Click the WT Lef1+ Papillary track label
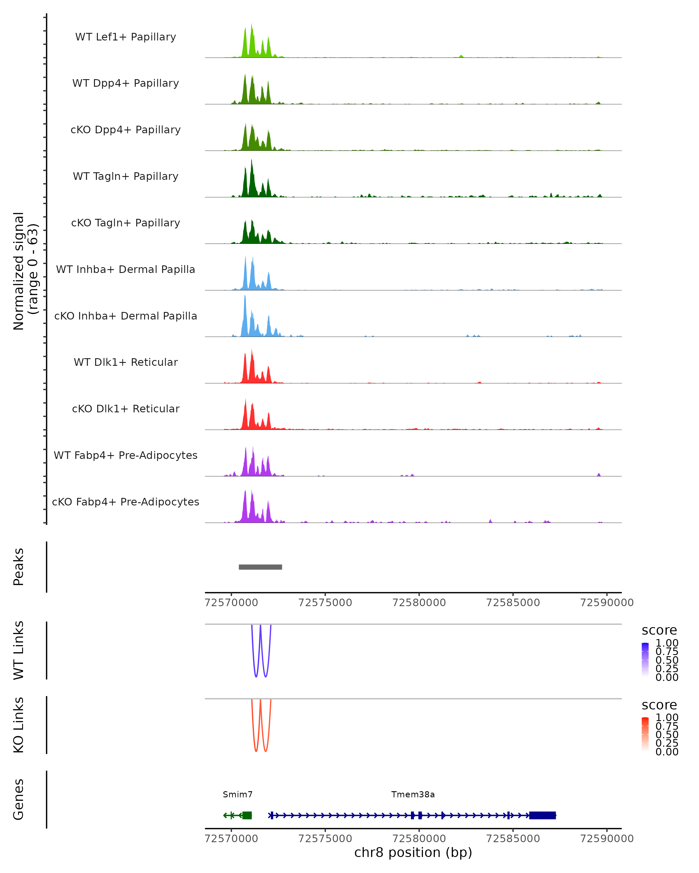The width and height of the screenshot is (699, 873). click(126, 37)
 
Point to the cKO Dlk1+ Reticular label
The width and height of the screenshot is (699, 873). click(126, 409)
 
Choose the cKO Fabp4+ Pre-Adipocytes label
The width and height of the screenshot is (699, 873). click(126, 502)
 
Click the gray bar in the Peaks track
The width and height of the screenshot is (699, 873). click(260, 567)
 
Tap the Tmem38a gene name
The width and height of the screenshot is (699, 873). click(413, 794)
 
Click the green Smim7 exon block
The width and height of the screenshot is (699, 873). click(247, 815)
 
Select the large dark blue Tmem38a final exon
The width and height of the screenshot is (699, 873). click(542, 815)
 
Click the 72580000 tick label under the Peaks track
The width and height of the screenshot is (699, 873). click(419, 603)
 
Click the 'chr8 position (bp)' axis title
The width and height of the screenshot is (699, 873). click(413, 852)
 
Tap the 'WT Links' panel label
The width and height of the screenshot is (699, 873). click(19, 650)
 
